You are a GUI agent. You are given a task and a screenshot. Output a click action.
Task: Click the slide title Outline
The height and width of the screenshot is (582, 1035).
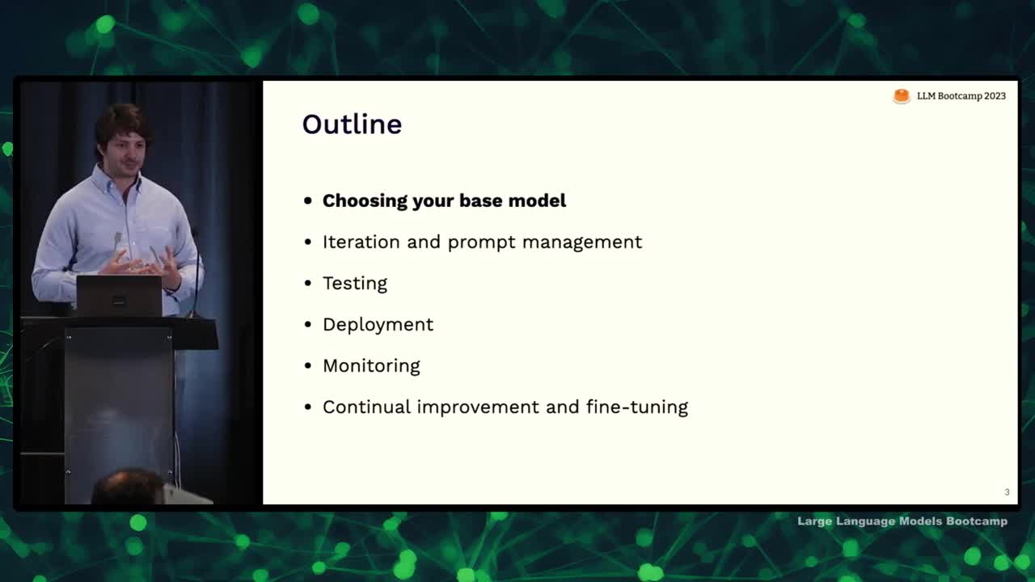coord(352,124)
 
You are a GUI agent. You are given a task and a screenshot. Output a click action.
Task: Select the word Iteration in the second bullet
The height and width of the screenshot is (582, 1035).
coord(361,242)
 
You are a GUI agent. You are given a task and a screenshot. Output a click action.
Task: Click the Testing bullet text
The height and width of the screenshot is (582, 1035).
coord(355,284)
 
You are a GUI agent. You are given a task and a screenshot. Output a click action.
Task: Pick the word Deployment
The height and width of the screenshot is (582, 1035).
coord(378,325)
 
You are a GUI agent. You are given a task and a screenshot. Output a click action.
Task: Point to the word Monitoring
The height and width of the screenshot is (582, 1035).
coord(371,366)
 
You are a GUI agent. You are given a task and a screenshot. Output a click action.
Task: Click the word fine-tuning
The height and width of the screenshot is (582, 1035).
coord(637,407)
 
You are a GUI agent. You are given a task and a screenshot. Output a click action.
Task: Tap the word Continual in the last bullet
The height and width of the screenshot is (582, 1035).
coord(366,407)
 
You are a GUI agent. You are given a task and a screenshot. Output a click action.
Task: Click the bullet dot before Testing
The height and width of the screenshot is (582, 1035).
coord(308,283)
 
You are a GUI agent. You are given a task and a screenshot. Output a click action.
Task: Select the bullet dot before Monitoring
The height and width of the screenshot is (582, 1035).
coord(308,366)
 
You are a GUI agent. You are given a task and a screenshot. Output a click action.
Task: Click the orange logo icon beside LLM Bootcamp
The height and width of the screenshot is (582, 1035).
coord(901,96)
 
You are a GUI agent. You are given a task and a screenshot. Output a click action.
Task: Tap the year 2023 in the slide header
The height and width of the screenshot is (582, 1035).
coord(995,96)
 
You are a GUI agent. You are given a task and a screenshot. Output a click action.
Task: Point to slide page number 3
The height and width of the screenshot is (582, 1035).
coord(1007,492)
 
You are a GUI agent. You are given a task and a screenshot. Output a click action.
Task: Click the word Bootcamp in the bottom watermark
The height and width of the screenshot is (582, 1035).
coord(977,521)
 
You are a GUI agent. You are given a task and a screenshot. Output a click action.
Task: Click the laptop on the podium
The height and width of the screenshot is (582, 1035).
coord(119,296)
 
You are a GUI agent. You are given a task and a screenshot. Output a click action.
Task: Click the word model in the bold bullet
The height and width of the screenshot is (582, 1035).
coord(537,201)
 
